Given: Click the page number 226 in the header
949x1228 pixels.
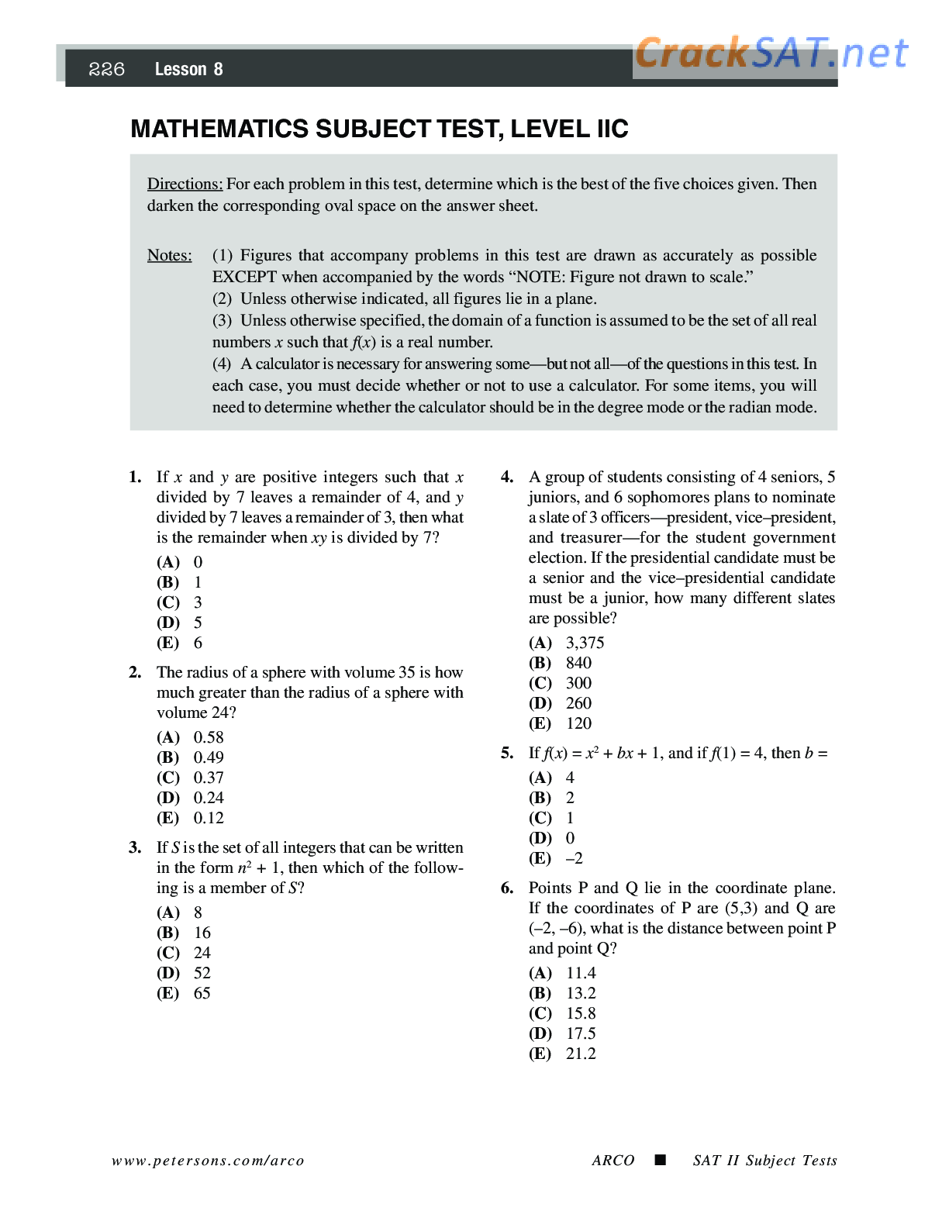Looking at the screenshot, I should click(107, 70).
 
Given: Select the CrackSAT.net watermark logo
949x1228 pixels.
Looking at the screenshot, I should click(771, 54).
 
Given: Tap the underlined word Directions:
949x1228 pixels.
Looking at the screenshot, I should click(185, 185).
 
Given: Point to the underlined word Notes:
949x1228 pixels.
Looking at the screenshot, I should click(170, 256).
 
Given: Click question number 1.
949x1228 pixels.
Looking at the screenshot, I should click(135, 478).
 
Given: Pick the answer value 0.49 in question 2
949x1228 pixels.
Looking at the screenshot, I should click(209, 757).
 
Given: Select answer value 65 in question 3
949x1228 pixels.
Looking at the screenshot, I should click(202, 993).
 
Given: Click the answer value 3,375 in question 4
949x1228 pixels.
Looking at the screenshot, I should click(585, 643).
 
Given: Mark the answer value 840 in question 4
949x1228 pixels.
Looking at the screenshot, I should click(578, 663).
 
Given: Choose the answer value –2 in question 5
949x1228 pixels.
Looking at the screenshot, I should click(575, 858).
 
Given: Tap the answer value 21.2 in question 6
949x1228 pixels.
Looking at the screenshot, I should click(581, 1054).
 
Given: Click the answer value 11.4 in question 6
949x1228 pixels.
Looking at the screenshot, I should click(581, 973).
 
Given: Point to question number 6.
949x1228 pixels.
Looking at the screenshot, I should click(507, 888).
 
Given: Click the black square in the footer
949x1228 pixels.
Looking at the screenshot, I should click(660, 1161).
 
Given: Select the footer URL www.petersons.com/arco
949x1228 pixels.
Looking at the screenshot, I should click(208, 1161).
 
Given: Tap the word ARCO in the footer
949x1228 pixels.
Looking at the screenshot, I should click(613, 1161).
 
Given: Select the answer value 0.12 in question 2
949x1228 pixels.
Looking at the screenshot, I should click(209, 818).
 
